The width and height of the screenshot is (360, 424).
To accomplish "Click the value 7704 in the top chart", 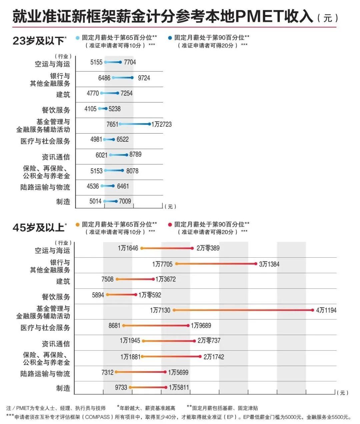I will [130, 62].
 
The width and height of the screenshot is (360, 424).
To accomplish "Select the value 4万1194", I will [326, 310].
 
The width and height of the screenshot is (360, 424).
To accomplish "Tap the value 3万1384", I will [269, 264].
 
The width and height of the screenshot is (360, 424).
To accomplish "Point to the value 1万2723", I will [161, 124].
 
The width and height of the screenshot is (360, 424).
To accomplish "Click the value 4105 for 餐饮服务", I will [90, 109].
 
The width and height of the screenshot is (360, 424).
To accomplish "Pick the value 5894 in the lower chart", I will [98, 295].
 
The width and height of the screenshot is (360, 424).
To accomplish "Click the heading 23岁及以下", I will [38, 41].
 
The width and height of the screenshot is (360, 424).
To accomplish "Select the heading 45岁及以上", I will [38, 227].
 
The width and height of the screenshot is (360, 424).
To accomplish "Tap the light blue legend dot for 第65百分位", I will [78, 38].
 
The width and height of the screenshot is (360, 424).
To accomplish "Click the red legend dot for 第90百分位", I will [170, 225].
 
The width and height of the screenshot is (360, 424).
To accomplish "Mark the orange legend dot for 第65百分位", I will [78, 225].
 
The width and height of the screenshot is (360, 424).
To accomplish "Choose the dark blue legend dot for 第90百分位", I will [170, 38].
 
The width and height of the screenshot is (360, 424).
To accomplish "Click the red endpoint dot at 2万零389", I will [192, 248].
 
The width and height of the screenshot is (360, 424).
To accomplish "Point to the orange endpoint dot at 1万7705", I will [177, 264].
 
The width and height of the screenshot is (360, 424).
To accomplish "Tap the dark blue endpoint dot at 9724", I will [132, 78].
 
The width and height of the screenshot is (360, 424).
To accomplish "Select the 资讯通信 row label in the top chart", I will [56, 157].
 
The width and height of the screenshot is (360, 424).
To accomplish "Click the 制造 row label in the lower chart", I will [63, 388].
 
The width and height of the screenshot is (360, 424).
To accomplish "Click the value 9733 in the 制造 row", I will [121, 387].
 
